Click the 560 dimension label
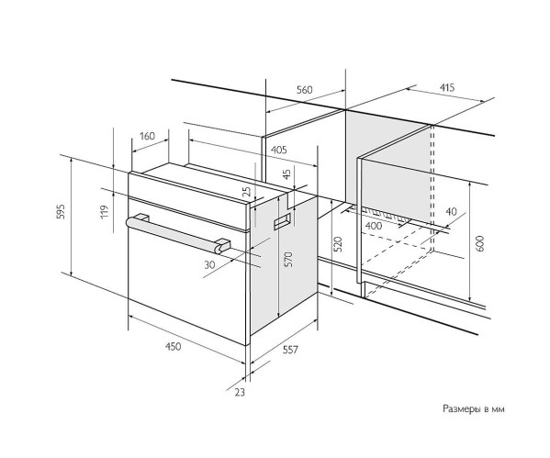[x=304, y=90]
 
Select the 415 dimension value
[x=447, y=87]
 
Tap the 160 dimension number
[x=147, y=136]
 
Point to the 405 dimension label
[x=279, y=151]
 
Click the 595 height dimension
[x=61, y=211]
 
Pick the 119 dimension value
[x=105, y=212]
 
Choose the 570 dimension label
[x=288, y=259]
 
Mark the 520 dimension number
[x=338, y=244]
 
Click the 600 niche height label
[x=480, y=243]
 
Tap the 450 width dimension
[x=174, y=346]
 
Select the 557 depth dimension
[x=290, y=350]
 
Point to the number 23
[x=240, y=392]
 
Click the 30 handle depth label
[x=209, y=264]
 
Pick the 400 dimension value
[x=374, y=226]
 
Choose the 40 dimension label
[x=452, y=211]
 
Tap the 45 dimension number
[x=286, y=174]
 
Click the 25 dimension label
[x=247, y=191]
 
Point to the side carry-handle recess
[x=283, y=221]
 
